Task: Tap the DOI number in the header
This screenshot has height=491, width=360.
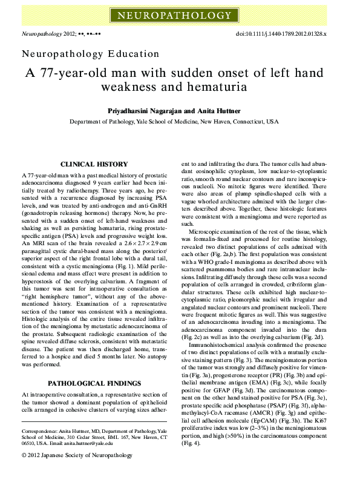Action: coord(290,35)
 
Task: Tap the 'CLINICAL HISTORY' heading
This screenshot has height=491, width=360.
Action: coord(95,164)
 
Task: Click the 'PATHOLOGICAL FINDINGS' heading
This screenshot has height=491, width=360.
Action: coord(95,384)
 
